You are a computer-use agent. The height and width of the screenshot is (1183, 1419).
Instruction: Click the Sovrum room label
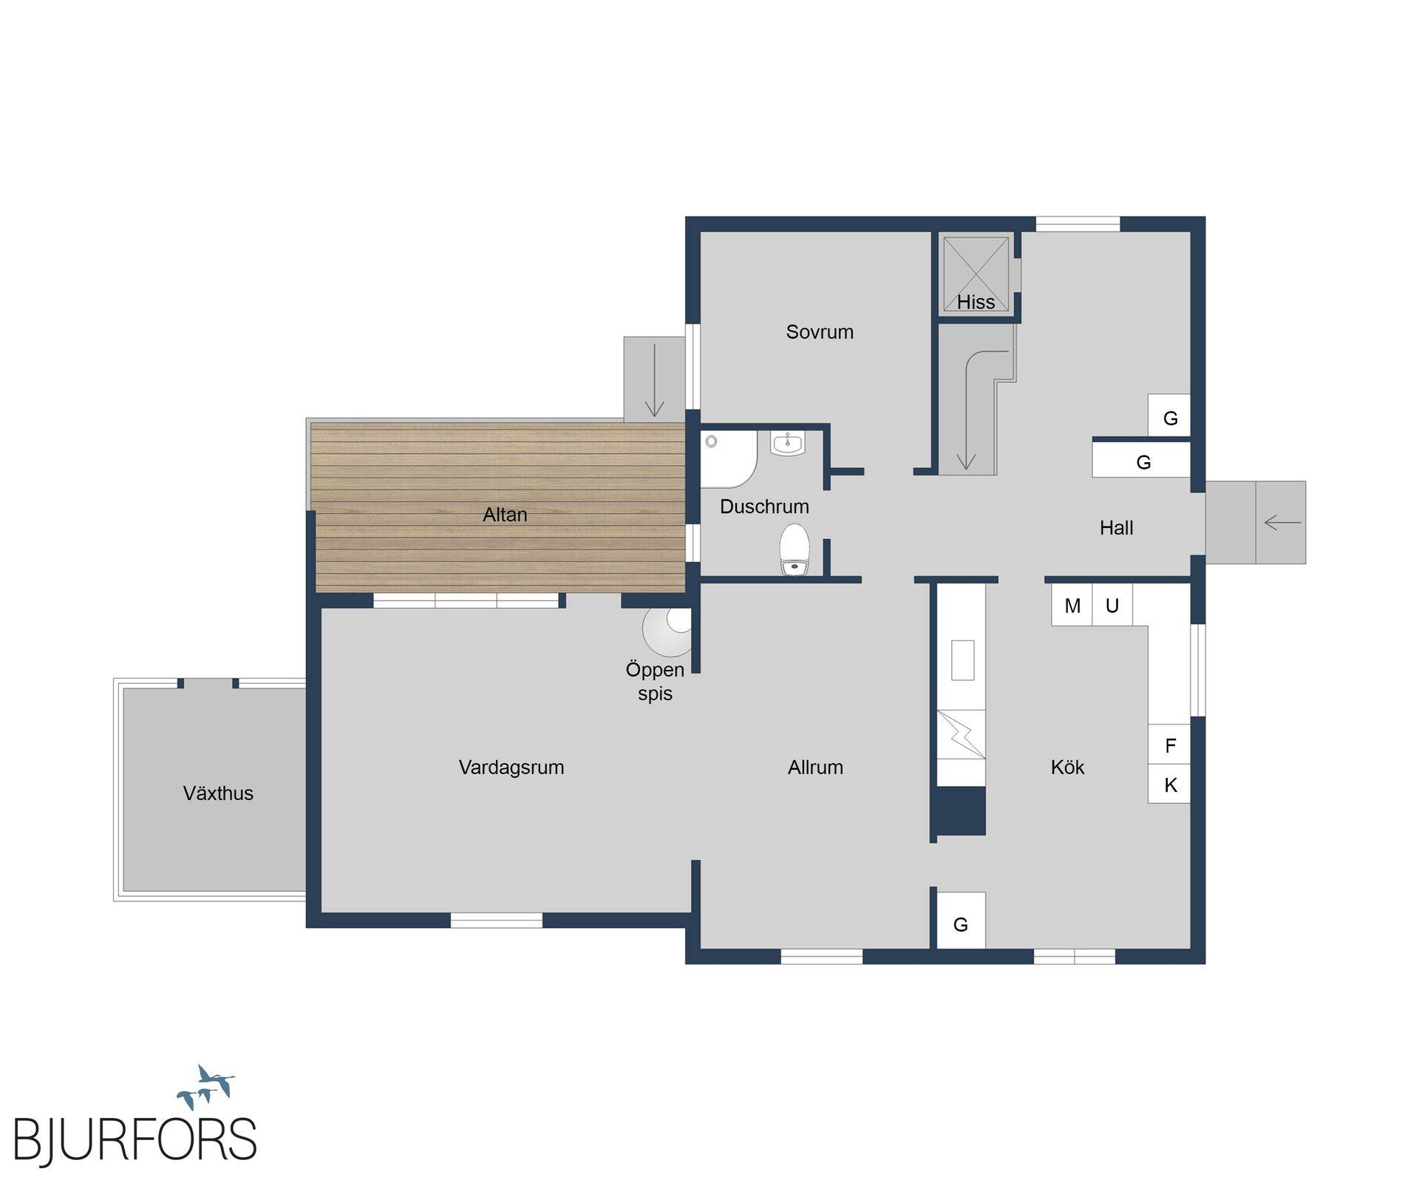[820, 332]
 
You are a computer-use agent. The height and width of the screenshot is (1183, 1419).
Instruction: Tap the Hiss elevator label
[976, 302]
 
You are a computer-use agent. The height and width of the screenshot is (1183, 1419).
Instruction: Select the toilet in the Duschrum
[794, 549]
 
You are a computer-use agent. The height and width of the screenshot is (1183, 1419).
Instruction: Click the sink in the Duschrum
[788, 444]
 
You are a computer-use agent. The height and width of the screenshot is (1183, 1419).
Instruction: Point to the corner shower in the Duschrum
[727, 458]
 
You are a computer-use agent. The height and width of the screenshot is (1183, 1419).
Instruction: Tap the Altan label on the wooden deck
[505, 515]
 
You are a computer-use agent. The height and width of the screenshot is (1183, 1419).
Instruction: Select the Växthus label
[218, 793]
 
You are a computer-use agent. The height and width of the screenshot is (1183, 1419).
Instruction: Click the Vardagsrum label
[511, 767]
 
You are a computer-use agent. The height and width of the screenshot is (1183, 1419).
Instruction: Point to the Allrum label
[815, 767]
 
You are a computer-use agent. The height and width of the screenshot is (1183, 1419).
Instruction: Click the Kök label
[1067, 767]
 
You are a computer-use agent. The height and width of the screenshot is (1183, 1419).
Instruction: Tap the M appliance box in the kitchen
[1072, 606]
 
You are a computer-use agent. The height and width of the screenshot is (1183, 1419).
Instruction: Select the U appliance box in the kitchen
[1112, 606]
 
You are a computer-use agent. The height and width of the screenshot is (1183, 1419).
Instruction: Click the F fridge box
[1169, 745]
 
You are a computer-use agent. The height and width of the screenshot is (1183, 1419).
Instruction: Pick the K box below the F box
[1169, 784]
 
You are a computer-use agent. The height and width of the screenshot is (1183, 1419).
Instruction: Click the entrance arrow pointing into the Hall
[1282, 523]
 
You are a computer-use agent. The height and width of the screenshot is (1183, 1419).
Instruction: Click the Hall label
[1116, 528]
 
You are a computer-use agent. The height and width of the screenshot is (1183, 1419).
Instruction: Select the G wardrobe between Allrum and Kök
[961, 921]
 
